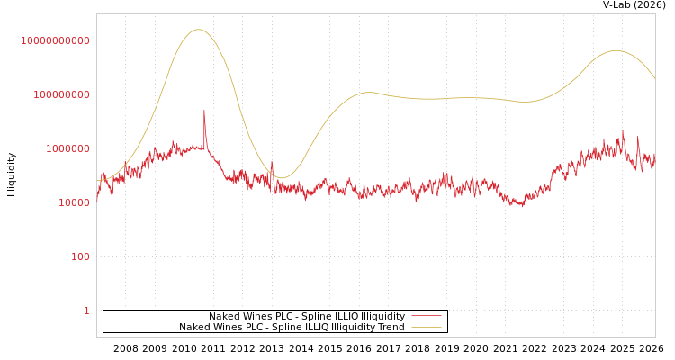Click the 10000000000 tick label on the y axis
56,40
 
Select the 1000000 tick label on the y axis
67,148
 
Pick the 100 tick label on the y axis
79,256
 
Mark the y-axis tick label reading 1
86,310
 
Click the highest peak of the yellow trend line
199,30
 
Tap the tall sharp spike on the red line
204,111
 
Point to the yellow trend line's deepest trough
282,177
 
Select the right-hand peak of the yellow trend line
616,50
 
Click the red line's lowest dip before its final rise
521,206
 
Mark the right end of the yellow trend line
655,80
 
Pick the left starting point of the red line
97,198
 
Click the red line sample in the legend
426,317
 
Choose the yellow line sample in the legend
426,328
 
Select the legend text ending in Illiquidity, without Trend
307,317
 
